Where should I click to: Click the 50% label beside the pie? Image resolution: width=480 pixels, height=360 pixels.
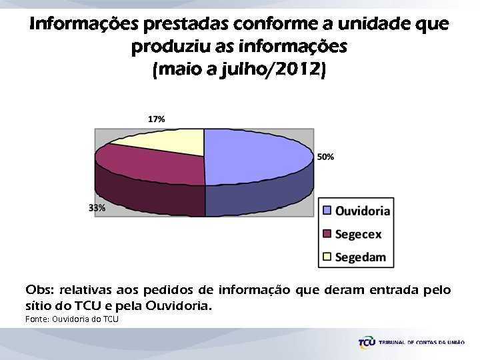click(325, 157)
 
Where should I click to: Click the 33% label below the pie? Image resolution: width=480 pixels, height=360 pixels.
click(97, 208)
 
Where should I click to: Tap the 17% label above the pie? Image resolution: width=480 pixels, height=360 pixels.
click(156, 119)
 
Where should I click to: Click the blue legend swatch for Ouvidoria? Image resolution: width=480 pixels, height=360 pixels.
click(327, 211)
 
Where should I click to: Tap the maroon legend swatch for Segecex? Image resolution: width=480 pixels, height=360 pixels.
click(327, 233)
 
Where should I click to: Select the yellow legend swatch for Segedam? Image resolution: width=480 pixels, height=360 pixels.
click(327, 256)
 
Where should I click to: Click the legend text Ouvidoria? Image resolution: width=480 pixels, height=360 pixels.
click(362, 211)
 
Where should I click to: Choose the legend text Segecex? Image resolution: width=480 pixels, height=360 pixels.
click(358, 233)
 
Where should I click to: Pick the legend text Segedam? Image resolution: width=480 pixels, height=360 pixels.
click(360, 257)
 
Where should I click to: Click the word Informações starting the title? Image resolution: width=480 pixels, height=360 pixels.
click(83, 25)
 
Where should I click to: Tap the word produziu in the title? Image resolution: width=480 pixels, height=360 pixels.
click(167, 47)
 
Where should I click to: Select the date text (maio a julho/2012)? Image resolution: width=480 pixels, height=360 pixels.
click(240, 70)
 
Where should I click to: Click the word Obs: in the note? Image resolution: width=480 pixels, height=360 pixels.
click(40, 291)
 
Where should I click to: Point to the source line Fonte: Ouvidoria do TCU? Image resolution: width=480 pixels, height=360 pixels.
click(71, 319)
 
